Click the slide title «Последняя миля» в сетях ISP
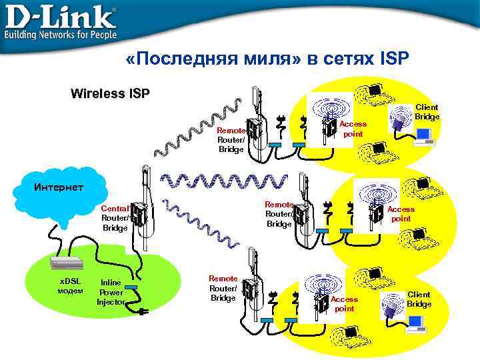(x=266, y=60)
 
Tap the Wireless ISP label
(x=110, y=93)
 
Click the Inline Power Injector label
(x=110, y=292)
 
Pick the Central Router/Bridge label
(x=115, y=218)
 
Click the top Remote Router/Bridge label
(x=231, y=140)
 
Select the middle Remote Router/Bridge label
(x=279, y=214)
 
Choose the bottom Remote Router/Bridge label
(x=223, y=288)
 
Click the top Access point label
(x=353, y=129)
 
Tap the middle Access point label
(x=401, y=214)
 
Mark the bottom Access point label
(x=344, y=304)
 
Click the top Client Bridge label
(x=427, y=112)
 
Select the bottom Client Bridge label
(x=419, y=299)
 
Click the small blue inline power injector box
(x=130, y=287)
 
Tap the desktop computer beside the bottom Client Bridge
(x=417, y=323)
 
